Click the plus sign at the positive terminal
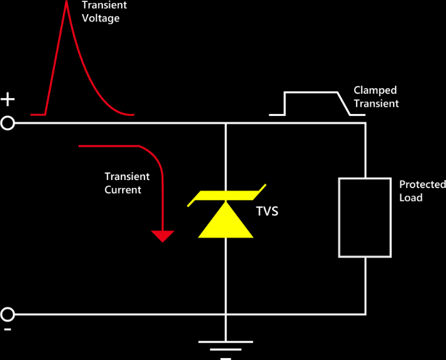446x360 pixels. tap(7, 99)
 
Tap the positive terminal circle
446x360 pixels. tap(7, 123)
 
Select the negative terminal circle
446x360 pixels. tap(7, 314)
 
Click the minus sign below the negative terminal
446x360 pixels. tap(7, 330)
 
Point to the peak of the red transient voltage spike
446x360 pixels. tap(66, 3)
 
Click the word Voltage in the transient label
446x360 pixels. tap(101, 18)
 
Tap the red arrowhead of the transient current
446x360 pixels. tap(163, 236)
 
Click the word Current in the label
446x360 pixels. tap(123, 190)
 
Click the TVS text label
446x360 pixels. tap(267, 211)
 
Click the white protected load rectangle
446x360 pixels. tap(365, 217)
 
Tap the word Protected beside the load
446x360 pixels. tap(422, 184)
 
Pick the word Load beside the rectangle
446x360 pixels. tap(411, 197)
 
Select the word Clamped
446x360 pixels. tap(375, 90)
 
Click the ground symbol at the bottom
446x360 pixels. tap(225, 343)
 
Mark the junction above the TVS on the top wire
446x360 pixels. tap(226, 123)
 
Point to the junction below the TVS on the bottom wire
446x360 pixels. tap(226, 314)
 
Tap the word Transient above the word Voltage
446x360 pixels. tap(104, 5)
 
